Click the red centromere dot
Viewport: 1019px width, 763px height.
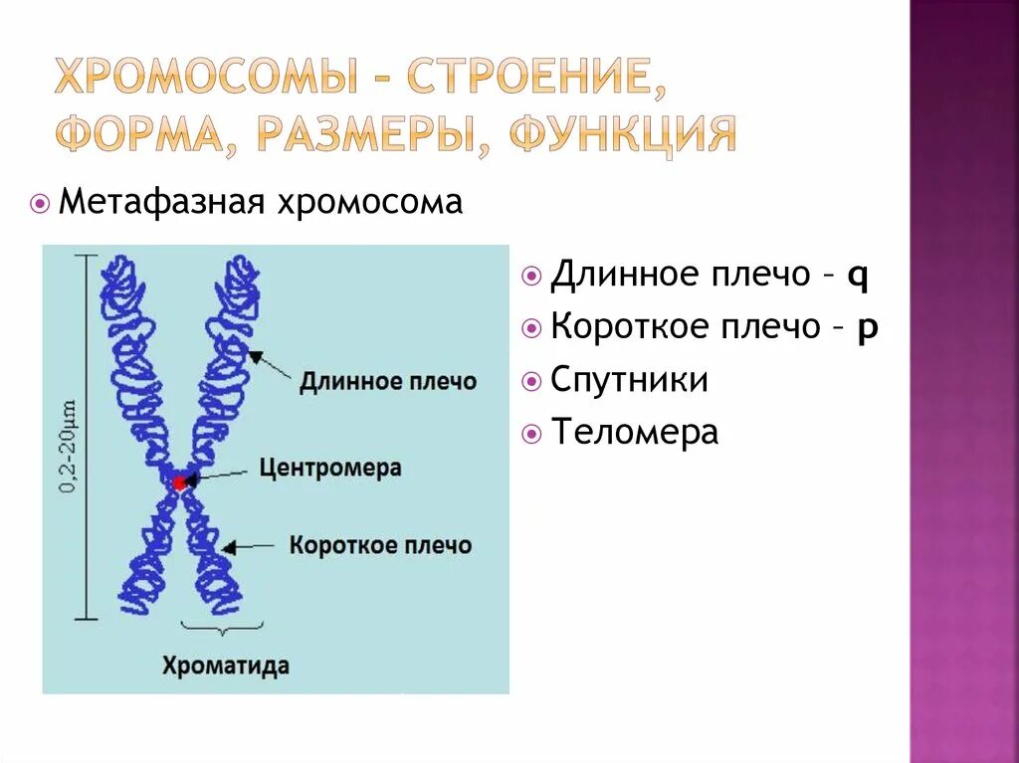(x=179, y=482)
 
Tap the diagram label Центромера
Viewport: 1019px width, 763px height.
(x=330, y=468)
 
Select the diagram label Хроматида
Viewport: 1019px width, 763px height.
(x=226, y=665)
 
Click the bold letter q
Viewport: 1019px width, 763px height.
(x=858, y=276)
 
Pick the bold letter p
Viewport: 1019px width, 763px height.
(x=867, y=328)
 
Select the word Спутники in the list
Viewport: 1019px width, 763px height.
(x=629, y=380)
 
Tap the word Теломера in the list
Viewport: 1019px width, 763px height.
(x=634, y=433)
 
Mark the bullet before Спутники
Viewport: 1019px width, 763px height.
(x=531, y=381)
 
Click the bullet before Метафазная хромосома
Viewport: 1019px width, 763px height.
(x=40, y=204)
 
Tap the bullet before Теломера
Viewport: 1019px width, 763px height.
(x=531, y=434)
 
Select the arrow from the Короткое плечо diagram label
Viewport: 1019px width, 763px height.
(x=251, y=545)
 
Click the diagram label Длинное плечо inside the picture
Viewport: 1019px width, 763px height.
(x=388, y=381)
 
